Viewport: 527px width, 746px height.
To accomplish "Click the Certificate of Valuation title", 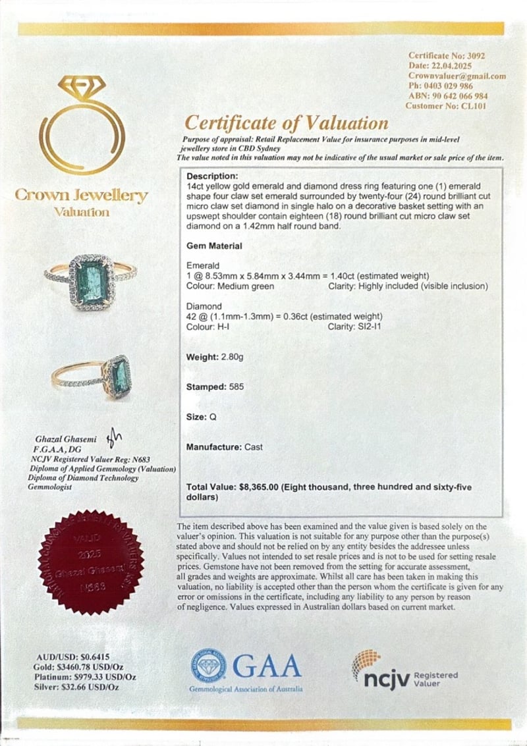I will point(286,122).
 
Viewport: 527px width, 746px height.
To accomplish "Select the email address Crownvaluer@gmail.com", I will point(457,76).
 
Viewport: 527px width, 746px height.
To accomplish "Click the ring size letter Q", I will point(212,417).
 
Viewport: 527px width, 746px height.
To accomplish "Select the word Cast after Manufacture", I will point(254,446).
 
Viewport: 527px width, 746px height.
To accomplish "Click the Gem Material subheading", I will point(214,246).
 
